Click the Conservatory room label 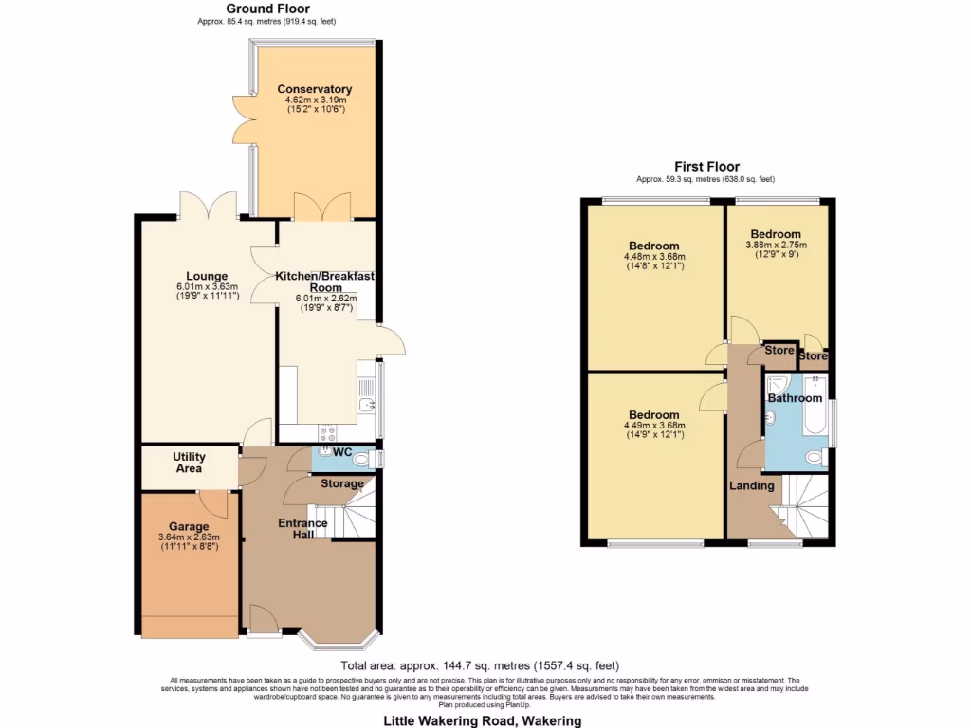coord(315,90)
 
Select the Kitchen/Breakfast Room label coord(325,281)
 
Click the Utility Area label coord(189,463)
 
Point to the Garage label coord(189,527)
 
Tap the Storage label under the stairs coord(341,483)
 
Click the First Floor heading coord(706,167)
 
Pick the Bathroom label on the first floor coord(795,398)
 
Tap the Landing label coord(751,486)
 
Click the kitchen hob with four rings coord(329,432)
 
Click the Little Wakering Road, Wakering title coord(482,720)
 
